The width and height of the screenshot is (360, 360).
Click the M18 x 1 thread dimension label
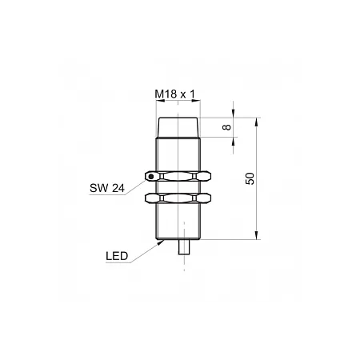tap(175, 94)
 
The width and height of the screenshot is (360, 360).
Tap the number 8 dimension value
tap(226, 127)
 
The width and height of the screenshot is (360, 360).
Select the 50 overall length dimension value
tap(250, 178)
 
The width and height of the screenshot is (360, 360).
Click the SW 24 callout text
tap(107, 188)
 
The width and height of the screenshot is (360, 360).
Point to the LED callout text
tap(117, 256)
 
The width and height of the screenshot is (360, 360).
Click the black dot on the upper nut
tap(151, 176)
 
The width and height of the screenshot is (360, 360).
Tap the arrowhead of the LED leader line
tap(161, 242)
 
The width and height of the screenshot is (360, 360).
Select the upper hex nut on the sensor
tap(178, 176)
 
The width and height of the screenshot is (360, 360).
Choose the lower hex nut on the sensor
tap(178, 198)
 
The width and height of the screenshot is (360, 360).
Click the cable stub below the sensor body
tap(184, 247)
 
